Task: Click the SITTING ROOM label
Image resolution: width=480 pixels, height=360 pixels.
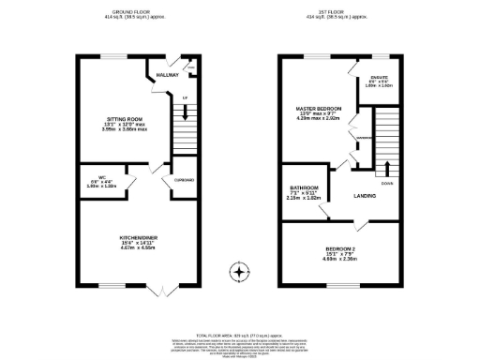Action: (122, 119)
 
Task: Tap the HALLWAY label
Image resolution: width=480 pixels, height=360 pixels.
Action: (167, 74)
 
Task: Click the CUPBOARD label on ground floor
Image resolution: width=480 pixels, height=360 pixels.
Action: (183, 181)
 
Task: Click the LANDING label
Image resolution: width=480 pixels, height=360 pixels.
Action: (366, 196)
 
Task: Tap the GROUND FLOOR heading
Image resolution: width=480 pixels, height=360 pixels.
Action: (135, 12)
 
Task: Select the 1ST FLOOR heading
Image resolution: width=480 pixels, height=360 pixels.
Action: (337, 12)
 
